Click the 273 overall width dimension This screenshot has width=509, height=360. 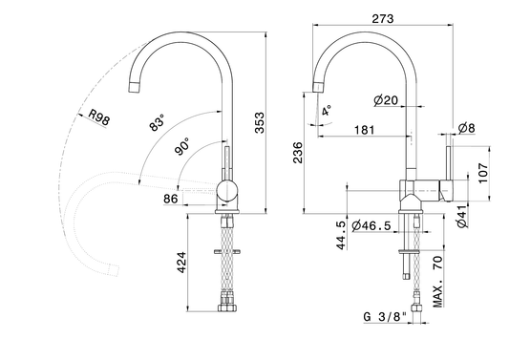(383, 19)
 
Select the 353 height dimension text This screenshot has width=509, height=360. (260, 122)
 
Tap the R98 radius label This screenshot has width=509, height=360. (99, 117)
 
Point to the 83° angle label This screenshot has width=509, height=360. (158, 122)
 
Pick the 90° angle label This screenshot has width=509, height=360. (182, 146)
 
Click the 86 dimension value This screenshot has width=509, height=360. (171, 199)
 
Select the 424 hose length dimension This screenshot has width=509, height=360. (181, 263)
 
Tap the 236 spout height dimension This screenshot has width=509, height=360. (298, 152)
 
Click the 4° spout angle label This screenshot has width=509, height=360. (327, 111)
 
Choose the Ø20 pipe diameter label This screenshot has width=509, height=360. (386, 100)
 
